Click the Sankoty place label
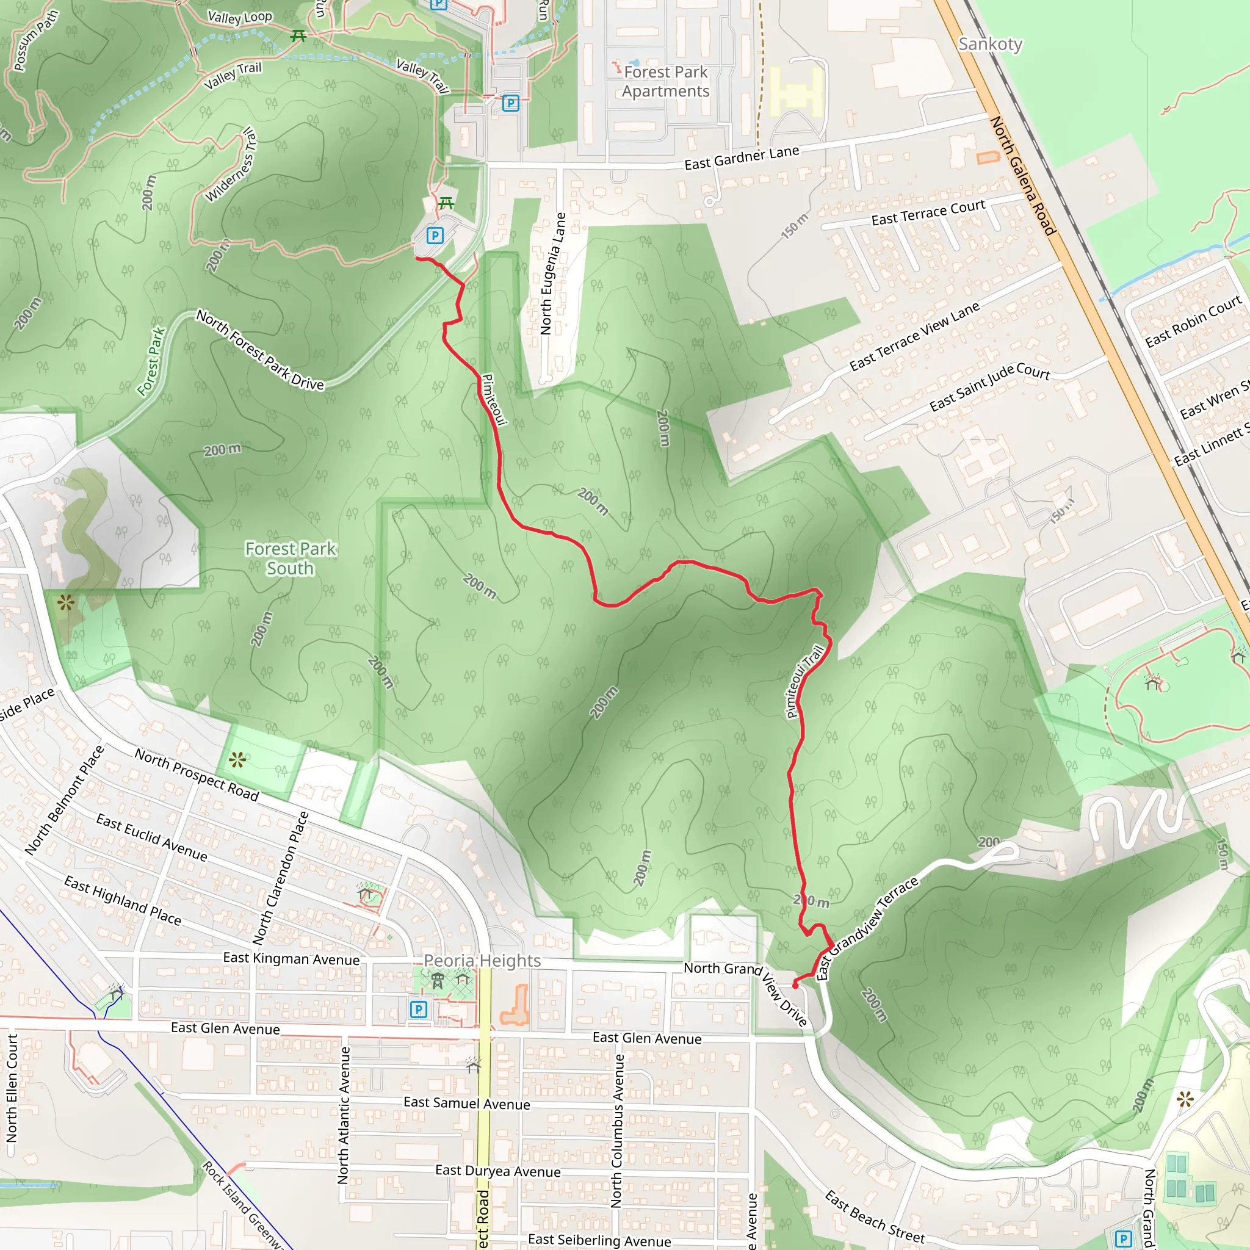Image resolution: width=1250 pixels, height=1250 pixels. pyautogui.click(x=990, y=44)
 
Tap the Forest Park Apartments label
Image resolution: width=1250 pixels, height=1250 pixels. pyautogui.click(x=666, y=82)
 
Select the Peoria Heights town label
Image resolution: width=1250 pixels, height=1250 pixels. pyautogui.click(x=482, y=961)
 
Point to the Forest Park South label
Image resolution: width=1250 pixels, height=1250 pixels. pyautogui.click(x=291, y=558)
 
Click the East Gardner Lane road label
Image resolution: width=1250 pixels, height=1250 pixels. pyautogui.click(x=742, y=157)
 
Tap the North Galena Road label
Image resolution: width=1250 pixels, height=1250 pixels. pyautogui.click(x=1022, y=175)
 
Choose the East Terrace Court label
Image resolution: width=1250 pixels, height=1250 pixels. pyautogui.click(x=928, y=213)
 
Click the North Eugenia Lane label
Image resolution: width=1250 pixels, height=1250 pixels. pyautogui.click(x=552, y=273)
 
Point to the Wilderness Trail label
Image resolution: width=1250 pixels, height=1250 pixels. pyautogui.click(x=231, y=165)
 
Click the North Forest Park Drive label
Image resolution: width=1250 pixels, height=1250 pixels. pyautogui.click(x=260, y=349)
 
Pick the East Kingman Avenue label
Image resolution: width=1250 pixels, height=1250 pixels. pyautogui.click(x=291, y=958)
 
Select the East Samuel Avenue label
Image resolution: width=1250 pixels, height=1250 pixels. pyautogui.click(x=466, y=1103)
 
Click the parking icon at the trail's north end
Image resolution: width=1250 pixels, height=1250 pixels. pyautogui.click(x=435, y=236)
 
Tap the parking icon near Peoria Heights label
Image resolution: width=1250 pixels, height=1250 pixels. pyautogui.click(x=419, y=1009)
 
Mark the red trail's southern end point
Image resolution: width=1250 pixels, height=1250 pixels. pyautogui.click(x=795, y=984)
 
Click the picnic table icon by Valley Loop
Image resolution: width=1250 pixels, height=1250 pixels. pyautogui.click(x=298, y=35)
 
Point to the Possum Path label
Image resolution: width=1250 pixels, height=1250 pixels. pyautogui.click(x=36, y=40)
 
